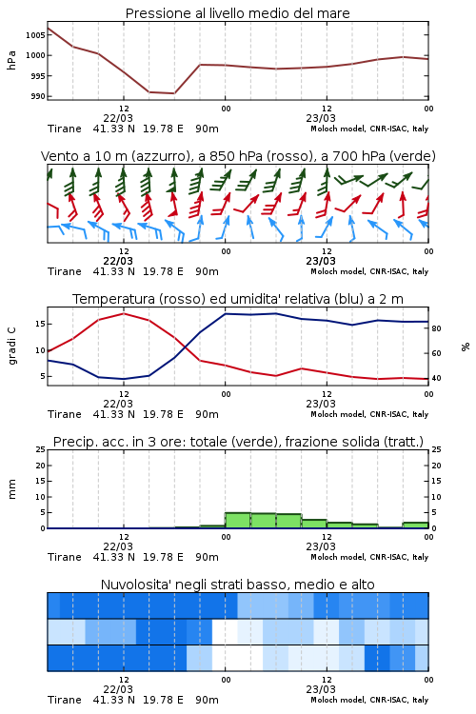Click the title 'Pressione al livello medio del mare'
point(237,13)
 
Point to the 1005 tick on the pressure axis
point(34,35)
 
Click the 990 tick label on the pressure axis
point(37,96)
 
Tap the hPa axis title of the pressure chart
point(11,60)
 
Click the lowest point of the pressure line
point(174,93)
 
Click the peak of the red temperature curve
point(124,313)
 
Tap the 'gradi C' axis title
point(11,347)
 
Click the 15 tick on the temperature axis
point(40,324)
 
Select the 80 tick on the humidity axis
point(436,328)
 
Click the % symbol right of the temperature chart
point(466,347)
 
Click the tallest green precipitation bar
point(238,521)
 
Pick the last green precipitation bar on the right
point(415,525)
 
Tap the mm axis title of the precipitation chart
point(11,489)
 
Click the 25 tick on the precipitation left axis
point(40,449)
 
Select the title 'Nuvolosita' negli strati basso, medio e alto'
point(237,585)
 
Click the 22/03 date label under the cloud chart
point(118,689)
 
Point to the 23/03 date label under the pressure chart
point(321,118)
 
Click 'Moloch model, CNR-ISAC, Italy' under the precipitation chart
point(369,557)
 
